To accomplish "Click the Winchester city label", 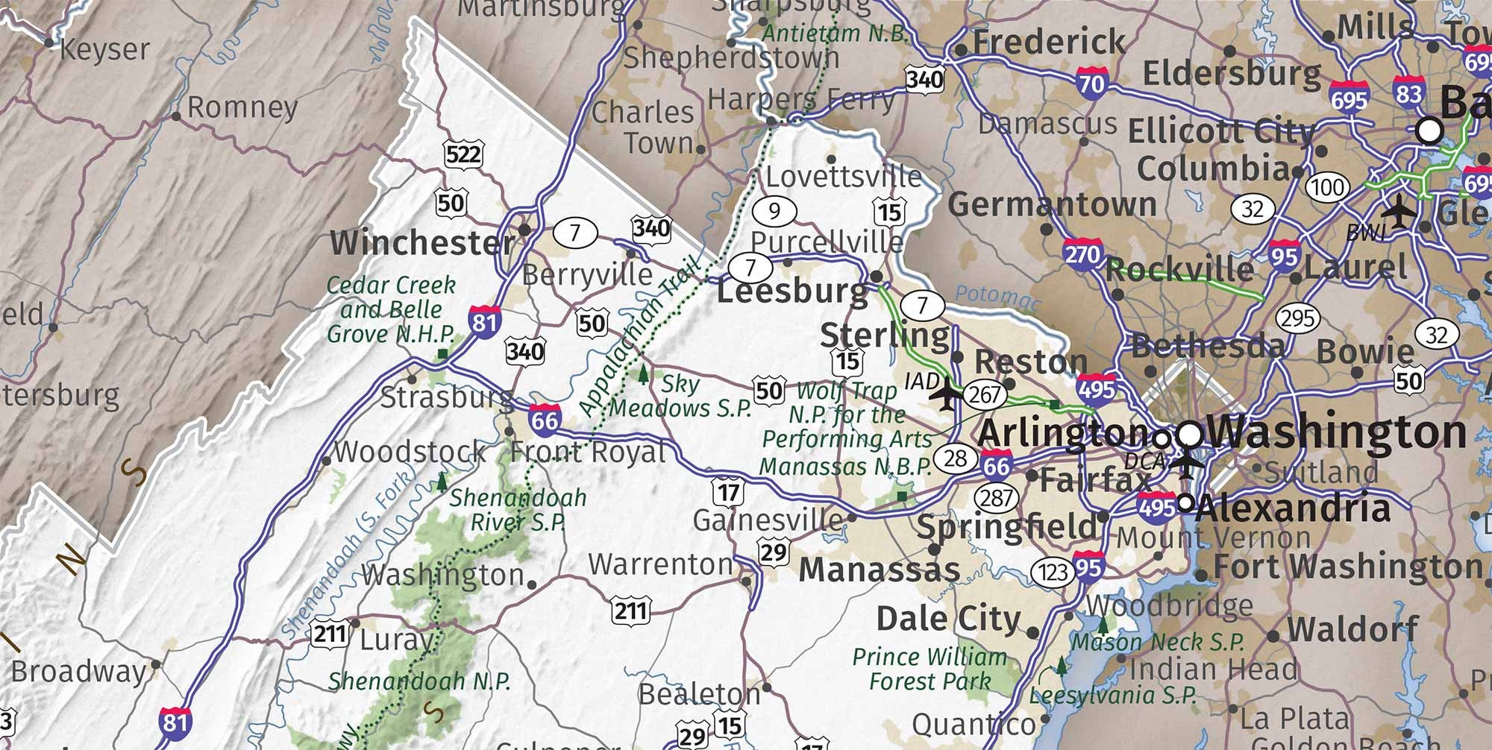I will point(421,243).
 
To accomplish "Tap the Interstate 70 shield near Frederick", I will point(1091,81).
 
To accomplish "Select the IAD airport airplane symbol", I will point(947,393).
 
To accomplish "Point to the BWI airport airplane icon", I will point(1398,212).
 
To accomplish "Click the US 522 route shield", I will point(463,155).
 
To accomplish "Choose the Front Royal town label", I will point(588,452).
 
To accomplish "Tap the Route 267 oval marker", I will point(984,394).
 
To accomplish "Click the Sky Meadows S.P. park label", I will point(680,396).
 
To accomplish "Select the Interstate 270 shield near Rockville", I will point(1082,253).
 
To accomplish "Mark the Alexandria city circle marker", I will point(1185,502).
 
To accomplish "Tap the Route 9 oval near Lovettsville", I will point(774,211).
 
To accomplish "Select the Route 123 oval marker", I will point(1053,572).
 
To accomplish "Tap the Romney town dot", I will point(176,116).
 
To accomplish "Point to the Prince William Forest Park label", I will point(930,669).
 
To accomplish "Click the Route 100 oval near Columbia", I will point(1327,186).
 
